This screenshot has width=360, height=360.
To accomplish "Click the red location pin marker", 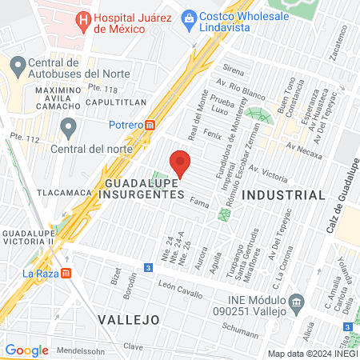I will (180, 163).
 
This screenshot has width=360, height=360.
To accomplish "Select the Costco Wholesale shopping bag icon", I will (189, 17).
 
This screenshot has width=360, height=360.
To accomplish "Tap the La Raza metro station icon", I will (66, 272).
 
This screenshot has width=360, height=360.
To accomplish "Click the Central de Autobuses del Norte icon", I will (15, 63).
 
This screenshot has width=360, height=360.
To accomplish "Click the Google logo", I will (26, 350).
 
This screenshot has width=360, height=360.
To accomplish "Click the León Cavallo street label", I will (177, 285).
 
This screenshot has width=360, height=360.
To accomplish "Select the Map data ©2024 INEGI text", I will (311, 353).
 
